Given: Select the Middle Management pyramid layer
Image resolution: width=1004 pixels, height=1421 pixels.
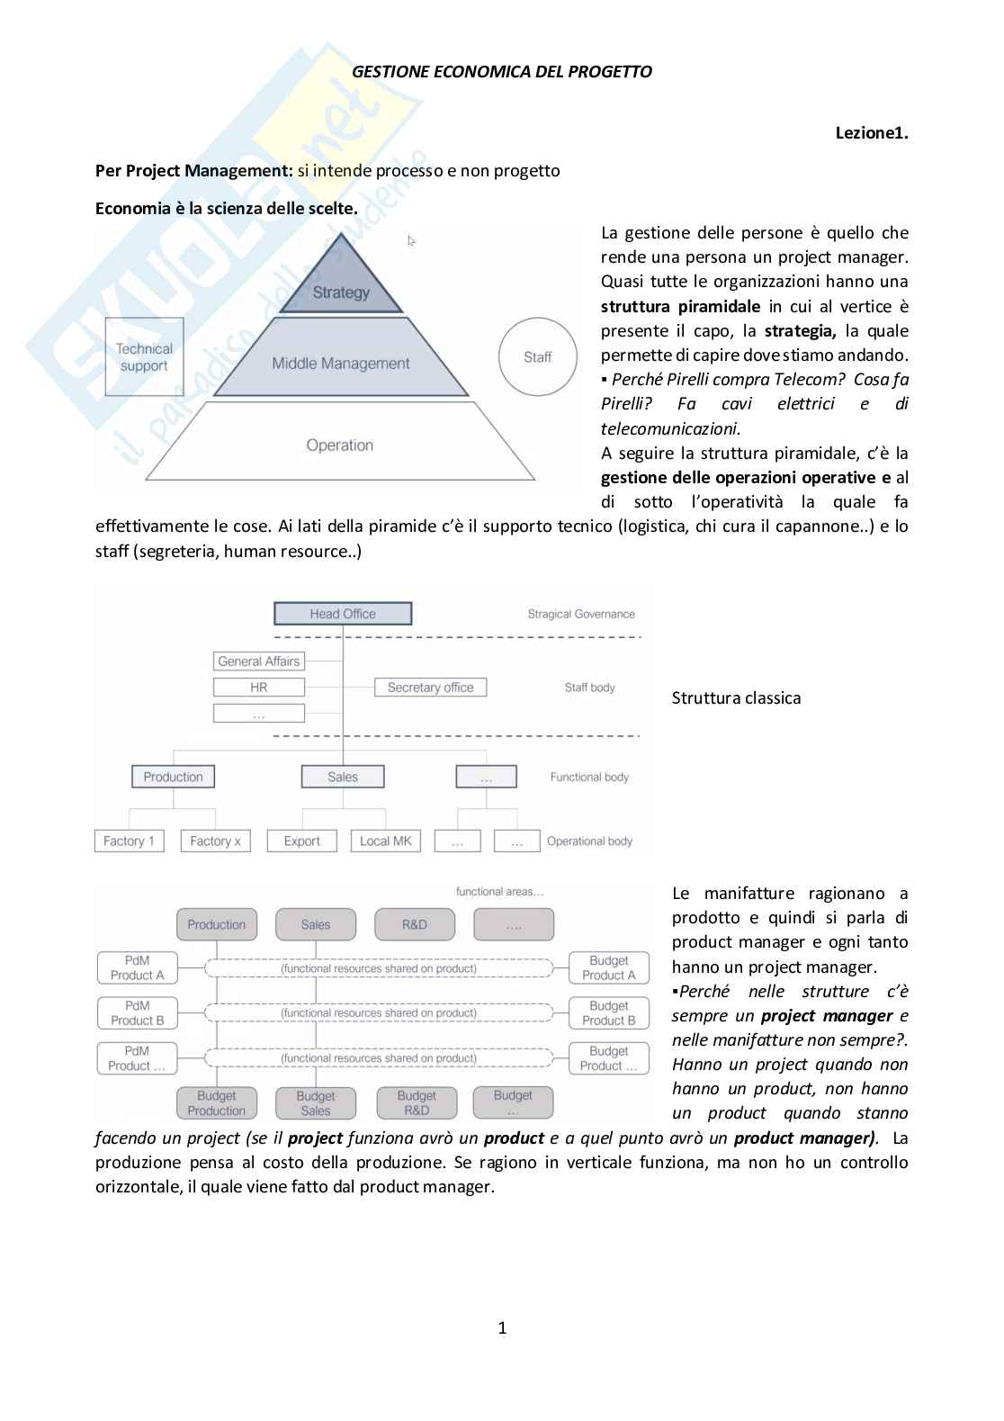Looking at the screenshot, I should tap(341, 364).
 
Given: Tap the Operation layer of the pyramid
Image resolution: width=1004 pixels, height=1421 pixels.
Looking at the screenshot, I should tap(340, 445).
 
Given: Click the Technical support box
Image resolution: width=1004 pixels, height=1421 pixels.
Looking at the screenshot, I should tap(144, 357).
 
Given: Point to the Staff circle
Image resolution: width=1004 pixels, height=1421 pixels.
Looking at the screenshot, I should tap(537, 357).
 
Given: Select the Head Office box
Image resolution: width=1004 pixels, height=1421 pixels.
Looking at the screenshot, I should tap(343, 614).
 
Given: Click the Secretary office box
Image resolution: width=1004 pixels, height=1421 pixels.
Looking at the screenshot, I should tap(430, 688).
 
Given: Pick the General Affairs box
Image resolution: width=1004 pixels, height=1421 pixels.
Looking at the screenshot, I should tap(259, 661).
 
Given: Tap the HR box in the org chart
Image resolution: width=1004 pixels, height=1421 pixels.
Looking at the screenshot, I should tap(259, 688).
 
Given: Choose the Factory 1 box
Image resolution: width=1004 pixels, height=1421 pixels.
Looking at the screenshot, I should tap(129, 841).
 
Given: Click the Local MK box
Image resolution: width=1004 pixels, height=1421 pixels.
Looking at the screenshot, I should tap(385, 841).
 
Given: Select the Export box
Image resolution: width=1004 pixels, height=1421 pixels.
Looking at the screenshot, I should tap(301, 841).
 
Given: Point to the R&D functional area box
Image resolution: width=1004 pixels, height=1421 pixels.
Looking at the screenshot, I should tap(415, 924).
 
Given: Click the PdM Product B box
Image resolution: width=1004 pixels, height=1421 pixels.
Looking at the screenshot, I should tap(138, 1013).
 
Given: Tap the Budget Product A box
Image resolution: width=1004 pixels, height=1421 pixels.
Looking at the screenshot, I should tap(609, 968).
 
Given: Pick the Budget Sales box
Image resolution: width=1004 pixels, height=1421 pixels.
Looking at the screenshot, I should tap(316, 1103).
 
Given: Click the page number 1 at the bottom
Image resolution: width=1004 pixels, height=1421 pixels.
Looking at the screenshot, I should tap(502, 1327).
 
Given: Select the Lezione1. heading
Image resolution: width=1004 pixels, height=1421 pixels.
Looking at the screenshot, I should tap(872, 133).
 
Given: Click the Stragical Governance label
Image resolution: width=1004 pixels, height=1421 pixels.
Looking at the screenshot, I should tap(581, 615).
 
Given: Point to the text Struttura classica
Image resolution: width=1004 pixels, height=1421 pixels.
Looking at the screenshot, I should tap(736, 698).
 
